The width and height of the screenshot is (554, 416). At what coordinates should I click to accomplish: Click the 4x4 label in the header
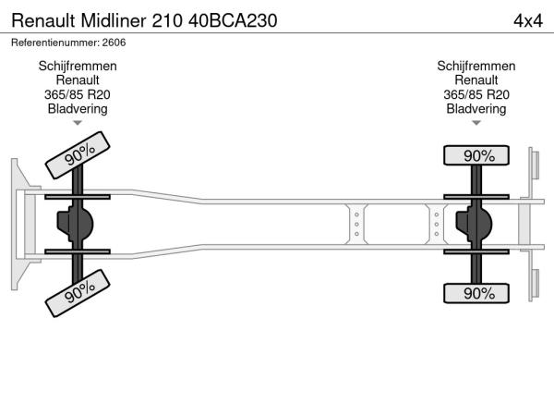(x=528, y=21)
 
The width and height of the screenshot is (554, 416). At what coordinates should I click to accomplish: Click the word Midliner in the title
(x=113, y=20)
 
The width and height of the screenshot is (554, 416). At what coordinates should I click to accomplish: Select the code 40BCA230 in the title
(x=233, y=20)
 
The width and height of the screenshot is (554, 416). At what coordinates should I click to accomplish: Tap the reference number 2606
(x=114, y=43)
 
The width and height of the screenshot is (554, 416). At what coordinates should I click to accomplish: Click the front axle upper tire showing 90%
(x=78, y=155)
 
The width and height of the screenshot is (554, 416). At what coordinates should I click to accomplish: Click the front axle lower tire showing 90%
(x=78, y=293)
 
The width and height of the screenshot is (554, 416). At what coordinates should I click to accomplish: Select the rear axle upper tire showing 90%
(x=476, y=155)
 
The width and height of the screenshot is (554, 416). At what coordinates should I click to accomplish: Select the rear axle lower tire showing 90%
(x=476, y=293)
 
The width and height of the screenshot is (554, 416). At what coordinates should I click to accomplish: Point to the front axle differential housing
(x=75, y=224)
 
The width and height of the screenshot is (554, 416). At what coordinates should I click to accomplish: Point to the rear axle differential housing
(x=474, y=224)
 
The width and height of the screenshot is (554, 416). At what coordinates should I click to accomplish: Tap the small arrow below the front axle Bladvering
(x=78, y=123)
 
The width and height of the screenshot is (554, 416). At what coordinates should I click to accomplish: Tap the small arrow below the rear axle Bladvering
(x=476, y=123)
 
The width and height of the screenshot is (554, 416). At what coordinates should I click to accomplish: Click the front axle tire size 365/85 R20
(x=78, y=94)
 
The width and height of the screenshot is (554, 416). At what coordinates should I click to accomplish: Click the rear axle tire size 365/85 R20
(x=476, y=94)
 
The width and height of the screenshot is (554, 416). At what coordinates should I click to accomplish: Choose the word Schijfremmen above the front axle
(x=78, y=67)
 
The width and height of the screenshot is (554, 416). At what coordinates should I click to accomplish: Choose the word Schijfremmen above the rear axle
(x=476, y=67)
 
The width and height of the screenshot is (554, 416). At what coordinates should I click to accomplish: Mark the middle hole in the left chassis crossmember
(x=356, y=225)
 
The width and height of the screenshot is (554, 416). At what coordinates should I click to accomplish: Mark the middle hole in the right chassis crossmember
(x=437, y=225)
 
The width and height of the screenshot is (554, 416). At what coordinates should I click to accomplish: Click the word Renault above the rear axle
(x=476, y=80)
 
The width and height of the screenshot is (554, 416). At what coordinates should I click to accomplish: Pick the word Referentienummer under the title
(x=54, y=43)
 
